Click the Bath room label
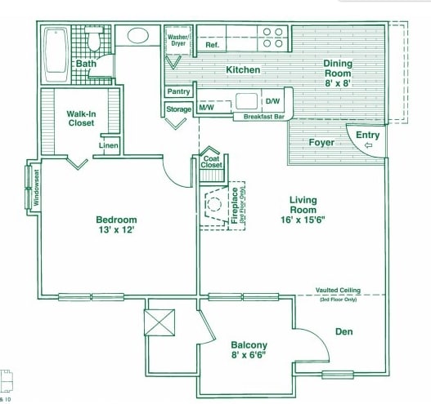coord(86,64)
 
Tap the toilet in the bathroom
coord(92,40)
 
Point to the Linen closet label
coord(109,146)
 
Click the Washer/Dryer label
coord(179,41)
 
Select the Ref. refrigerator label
coord(212,45)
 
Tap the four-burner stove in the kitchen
coord(272,38)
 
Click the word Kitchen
coord(243,70)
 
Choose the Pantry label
coord(178,92)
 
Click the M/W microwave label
coord(208,108)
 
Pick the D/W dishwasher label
coord(272,102)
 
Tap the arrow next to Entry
coord(366,146)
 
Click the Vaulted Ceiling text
coord(349,291)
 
